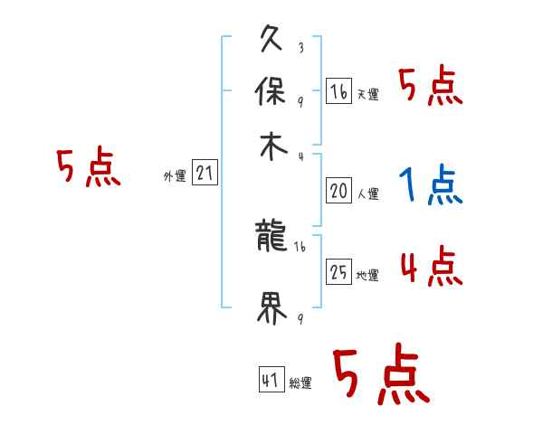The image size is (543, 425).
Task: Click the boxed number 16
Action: (338, 90)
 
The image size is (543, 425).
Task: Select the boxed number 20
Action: (338, 190)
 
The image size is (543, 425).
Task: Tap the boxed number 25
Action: (338, 272)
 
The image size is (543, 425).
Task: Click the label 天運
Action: (367, 94)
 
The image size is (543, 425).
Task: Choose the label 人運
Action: (367, 194)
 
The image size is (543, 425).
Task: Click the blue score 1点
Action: (430, 186)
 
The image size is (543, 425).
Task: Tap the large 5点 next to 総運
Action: (380, 375)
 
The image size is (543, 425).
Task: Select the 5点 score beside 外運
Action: (88, 168)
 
